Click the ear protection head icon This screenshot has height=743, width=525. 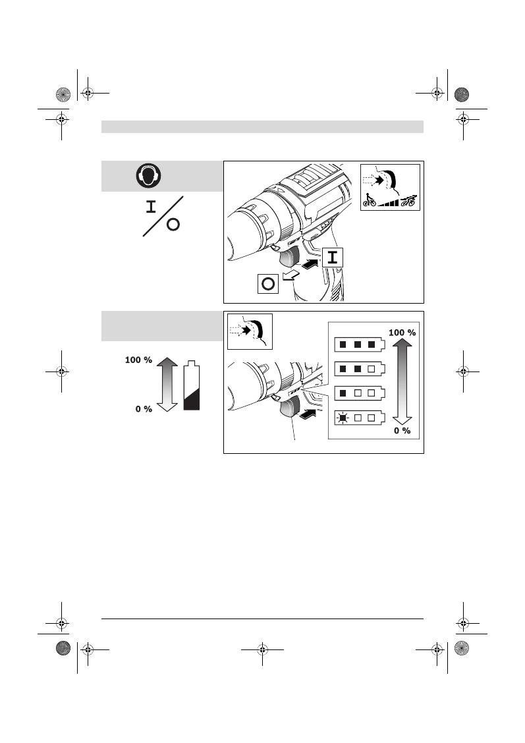[150, 176]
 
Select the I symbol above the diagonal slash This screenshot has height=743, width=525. [151, 207]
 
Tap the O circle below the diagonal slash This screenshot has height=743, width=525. [173, 225]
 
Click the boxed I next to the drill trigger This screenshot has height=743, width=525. [333, 258]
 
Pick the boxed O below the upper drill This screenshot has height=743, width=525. [268, 285]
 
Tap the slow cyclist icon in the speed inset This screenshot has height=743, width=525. [369, 200]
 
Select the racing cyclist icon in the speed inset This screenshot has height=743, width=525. [408, 200]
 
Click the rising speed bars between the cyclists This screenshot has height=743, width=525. [388, 202]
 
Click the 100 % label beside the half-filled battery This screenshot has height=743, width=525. [138, 360]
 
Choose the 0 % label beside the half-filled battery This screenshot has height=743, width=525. [144, 409]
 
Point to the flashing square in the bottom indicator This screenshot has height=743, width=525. [343, 417]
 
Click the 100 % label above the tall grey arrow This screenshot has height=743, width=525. [402, 333]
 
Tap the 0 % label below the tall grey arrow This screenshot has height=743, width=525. [402, 431]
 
